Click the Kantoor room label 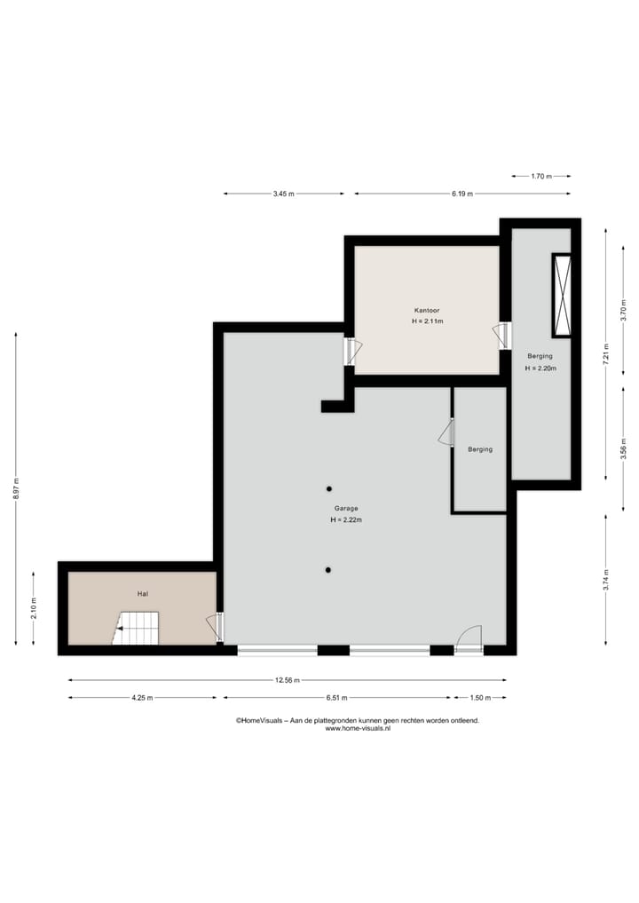[426, 311]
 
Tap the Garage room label [346, 509]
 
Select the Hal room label [142, 592]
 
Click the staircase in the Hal [137, 628]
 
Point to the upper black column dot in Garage [328, 488]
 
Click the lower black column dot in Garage [327, 569]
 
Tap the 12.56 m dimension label [288, 681]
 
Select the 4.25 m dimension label [142, 698]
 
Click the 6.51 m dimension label [336, 698]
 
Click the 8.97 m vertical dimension [15, 489]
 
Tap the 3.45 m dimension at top [284, 194]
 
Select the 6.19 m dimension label [461, 194]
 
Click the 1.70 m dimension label [541, 177]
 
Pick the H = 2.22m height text [346, 519]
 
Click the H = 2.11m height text [427, 321]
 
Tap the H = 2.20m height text [540, 368]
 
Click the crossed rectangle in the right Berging [562, 296]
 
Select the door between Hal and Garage [216, 627]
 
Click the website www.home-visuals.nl [358, 729]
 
